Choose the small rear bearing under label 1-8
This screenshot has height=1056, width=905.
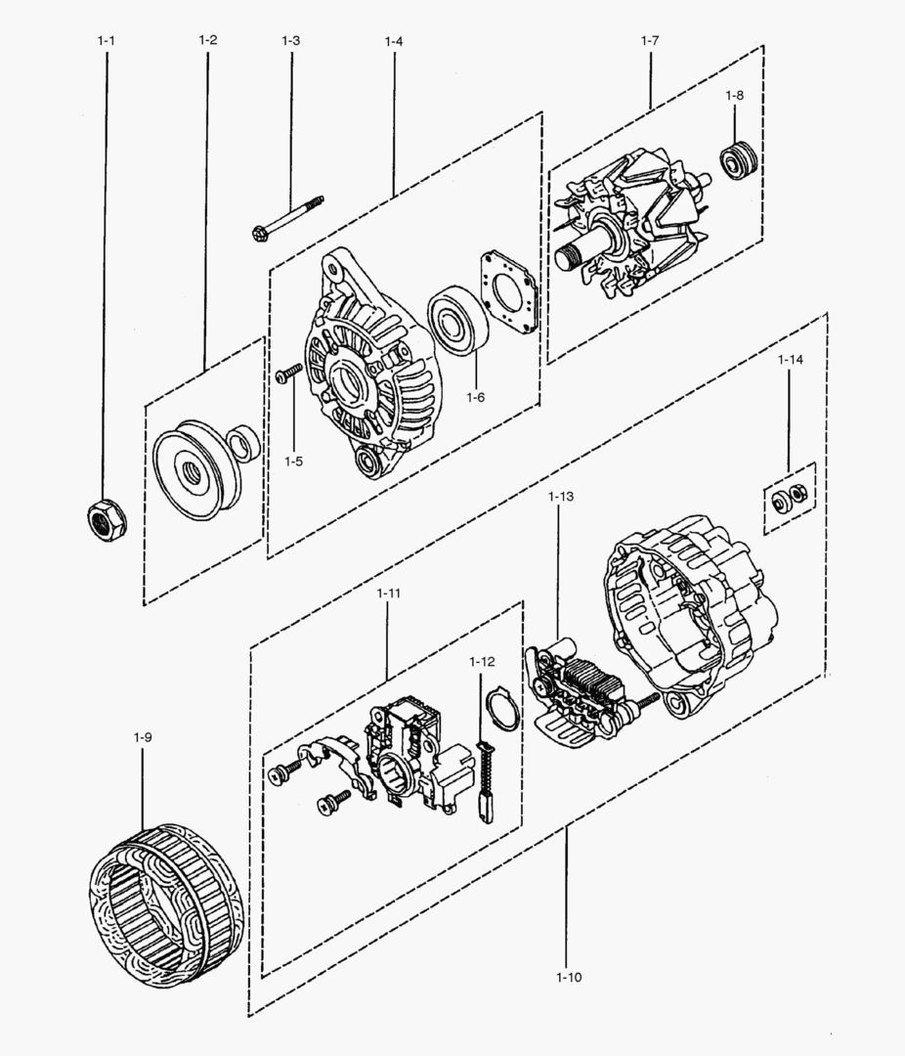[739, 158]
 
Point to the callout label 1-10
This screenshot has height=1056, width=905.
[569, 977]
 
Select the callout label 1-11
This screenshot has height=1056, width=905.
[388, 593]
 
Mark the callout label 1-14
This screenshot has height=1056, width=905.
[790, 360]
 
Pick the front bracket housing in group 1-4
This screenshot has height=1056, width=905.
[366, 373]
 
